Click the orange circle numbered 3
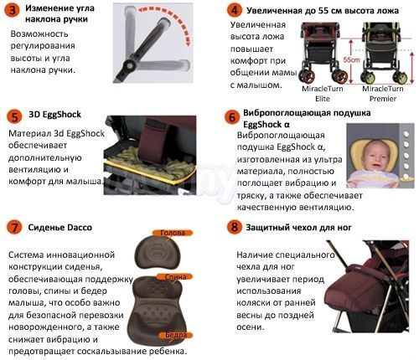tap(13, 11)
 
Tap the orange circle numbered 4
tap(234, 11)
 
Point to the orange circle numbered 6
tap(232, 117)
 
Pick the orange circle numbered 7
tap(14, 228)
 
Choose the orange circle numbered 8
tap(234, 228)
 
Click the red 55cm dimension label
tap(351, 59)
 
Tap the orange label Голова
tap(173, 233)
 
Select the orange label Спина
tap(175, 277)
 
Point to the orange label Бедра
tap(176, 335)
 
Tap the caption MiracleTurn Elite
tap(323, 94)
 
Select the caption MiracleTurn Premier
tap(383, 94)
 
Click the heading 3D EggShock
tap(54, 115)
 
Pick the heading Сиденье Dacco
tap(59, 228)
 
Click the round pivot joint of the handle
tap(129, 66)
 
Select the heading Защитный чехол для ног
tap(298, 228)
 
